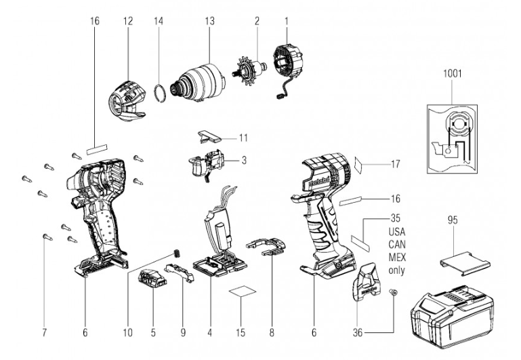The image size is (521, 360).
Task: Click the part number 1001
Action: click(x=453, y=73)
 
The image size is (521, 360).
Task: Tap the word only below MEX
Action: click(x=378, y=271)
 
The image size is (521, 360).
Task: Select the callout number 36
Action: click(x=358, y=332)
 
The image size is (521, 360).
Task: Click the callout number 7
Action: click(x=45, y=332)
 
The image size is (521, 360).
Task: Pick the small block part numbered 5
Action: click(x=152, y=280)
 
